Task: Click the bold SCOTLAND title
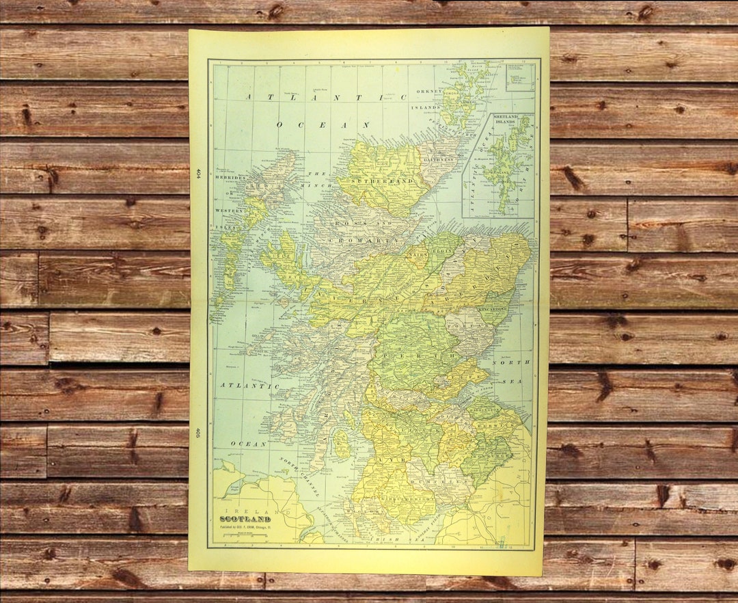(x=245, y=519)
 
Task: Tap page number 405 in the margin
(x=198, y=432)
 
